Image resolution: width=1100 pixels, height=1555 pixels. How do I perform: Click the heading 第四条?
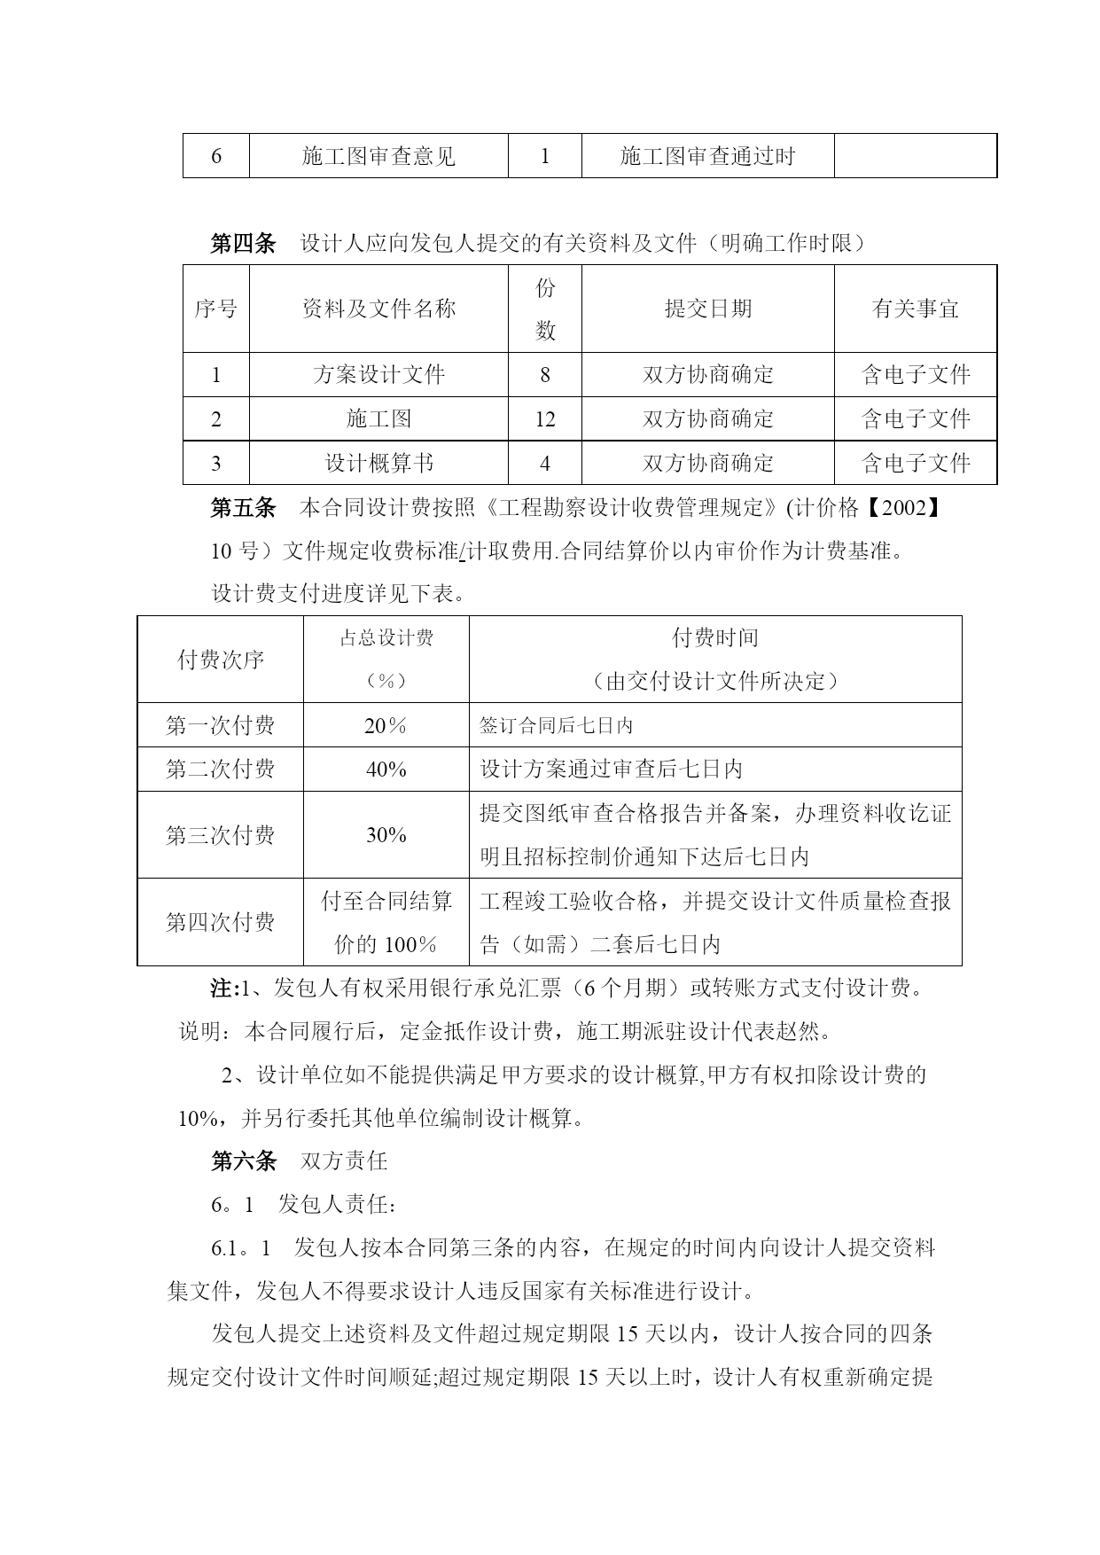[242, 243]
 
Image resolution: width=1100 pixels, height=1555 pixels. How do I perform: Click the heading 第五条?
[242, 507]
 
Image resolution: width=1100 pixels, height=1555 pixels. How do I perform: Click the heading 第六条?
[242, 1160]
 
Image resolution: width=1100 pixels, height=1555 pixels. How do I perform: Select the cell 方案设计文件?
[378, 374]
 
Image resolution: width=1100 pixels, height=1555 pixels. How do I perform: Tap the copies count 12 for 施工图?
[544, 418]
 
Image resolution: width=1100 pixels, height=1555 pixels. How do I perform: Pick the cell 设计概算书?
[378, 463]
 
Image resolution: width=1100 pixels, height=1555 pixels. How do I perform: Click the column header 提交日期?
[707, 309]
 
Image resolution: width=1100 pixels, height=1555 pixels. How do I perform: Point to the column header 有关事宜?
[915, 309]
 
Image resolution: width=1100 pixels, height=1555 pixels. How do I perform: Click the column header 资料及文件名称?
[378, 309]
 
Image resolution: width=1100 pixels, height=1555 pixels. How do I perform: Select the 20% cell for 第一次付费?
[386, 725]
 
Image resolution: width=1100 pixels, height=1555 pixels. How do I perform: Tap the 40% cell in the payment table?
[386, 769]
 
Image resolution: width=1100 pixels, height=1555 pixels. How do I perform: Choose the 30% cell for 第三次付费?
[386, 834]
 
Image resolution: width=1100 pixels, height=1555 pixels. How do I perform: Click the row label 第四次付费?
[220, 922]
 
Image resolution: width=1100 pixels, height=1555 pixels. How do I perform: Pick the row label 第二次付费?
[220, 769]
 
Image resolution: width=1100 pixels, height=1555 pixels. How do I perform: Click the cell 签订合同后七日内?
[556, 725]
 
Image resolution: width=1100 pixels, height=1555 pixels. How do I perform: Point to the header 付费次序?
[220, 660]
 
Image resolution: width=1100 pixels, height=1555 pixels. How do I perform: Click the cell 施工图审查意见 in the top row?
[378, 156]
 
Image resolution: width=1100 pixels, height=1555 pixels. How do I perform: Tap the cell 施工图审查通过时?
[707, 156]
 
